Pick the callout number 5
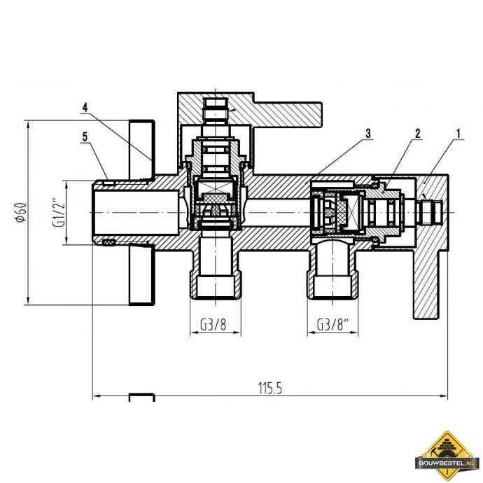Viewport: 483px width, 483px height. pos(84,137)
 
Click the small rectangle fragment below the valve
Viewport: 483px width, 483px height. pos(141,397)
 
